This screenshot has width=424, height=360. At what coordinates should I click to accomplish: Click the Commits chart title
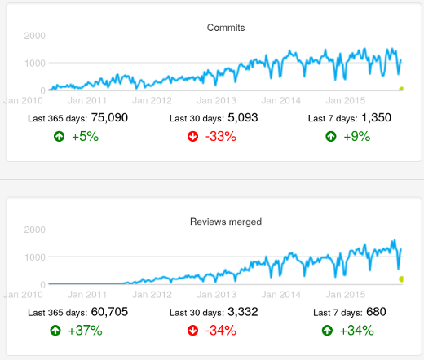coord(226,28)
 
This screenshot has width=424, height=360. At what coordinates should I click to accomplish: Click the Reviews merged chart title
coord(226,222)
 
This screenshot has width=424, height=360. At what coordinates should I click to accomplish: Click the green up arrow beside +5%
coord(57,137)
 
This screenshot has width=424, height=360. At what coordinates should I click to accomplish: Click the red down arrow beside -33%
coord(192,137)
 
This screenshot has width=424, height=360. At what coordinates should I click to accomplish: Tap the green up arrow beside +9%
coord(330,137)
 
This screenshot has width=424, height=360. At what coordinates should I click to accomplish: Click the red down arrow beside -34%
coord(192,331)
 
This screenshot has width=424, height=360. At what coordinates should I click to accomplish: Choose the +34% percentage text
coord(360,331)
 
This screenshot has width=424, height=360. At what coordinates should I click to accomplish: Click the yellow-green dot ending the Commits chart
coord(401,88)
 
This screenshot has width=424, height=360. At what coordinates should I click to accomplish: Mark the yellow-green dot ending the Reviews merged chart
coord(401,279)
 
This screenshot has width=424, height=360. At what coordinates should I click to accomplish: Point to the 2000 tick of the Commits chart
coord(35,36)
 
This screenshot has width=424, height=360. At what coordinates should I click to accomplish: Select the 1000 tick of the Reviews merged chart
coord(35,257)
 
